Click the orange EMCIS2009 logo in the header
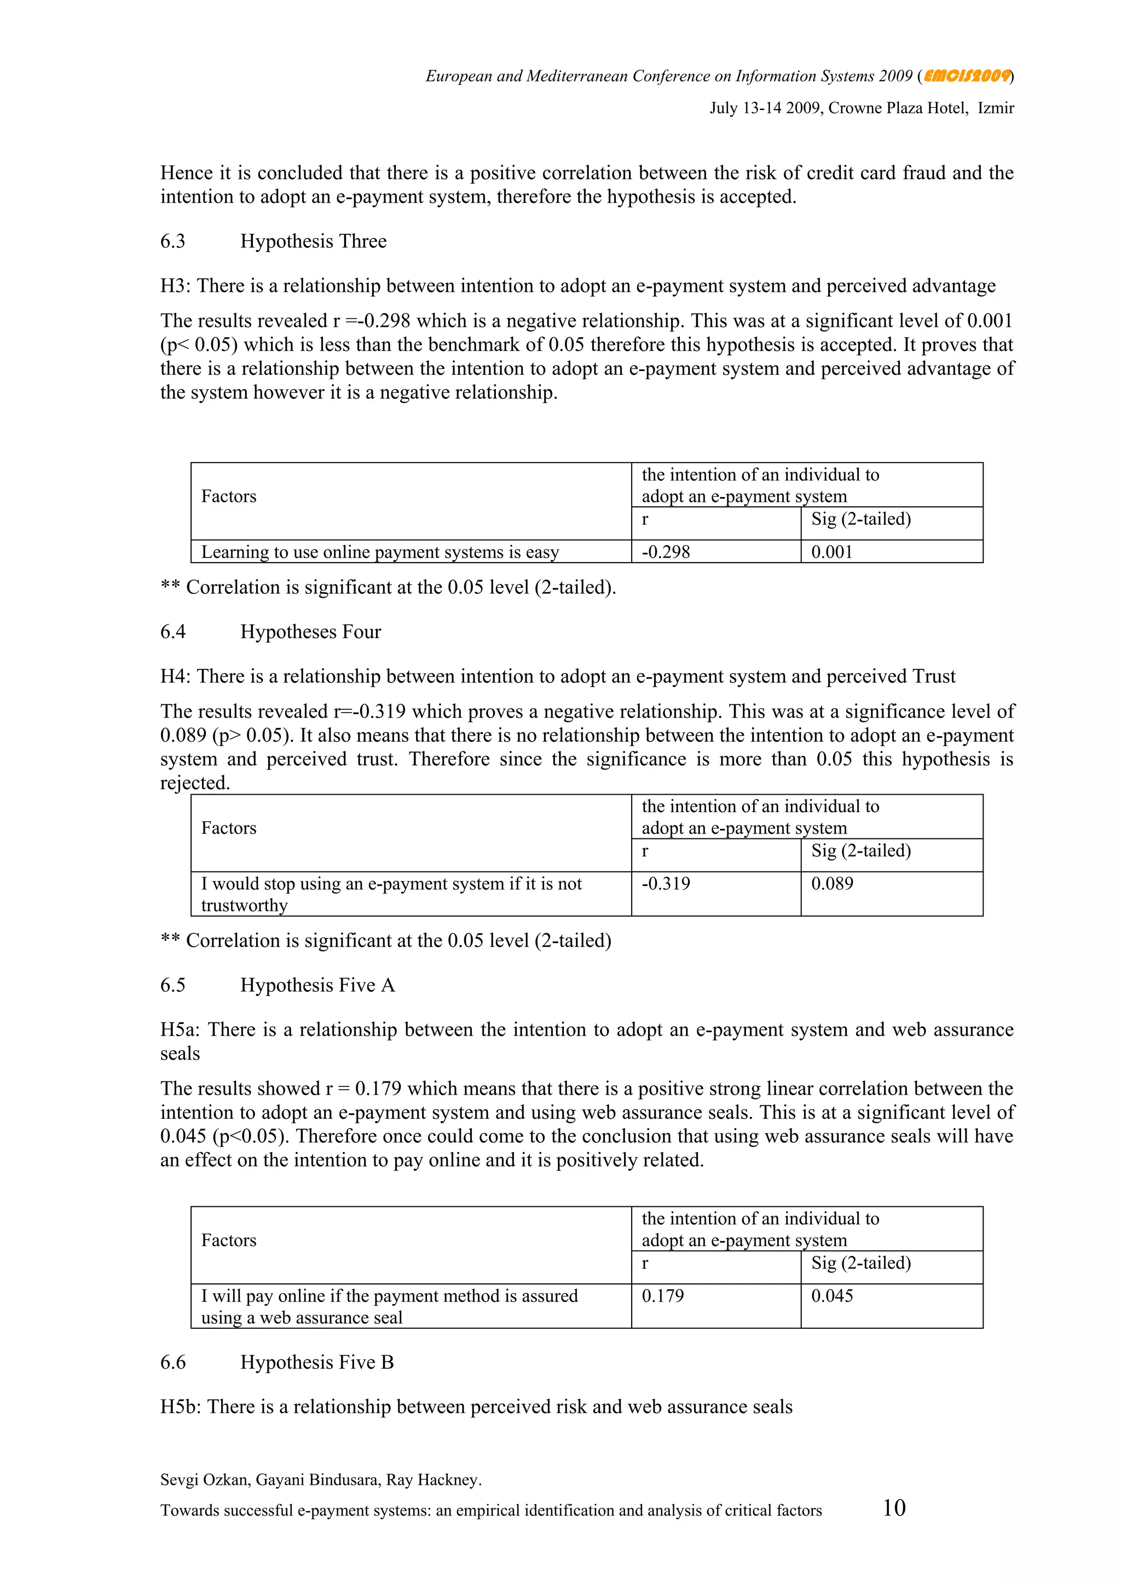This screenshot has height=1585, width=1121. tap(967, 76)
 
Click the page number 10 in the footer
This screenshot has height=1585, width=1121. tap(894, 1508)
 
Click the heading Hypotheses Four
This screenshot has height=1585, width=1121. tap(310, 632)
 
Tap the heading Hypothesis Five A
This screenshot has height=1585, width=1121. tap(317, 986)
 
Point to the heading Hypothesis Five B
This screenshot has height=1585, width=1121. tap(317, 1363)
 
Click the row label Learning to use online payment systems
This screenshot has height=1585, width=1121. tap(380, 552)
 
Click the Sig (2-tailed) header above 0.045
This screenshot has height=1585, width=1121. tap(861, 1263)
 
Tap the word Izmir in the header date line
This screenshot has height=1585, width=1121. tap(995, 108)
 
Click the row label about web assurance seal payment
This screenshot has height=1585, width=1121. tap(389, 1307)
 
